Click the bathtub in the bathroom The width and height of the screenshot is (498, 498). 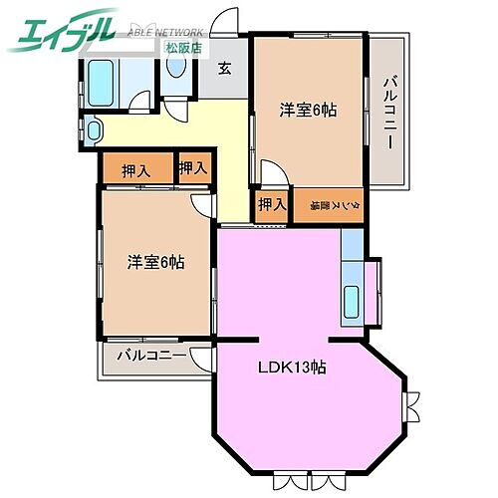(x=102, y=77)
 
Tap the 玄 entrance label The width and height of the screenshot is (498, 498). (x=226, y=68)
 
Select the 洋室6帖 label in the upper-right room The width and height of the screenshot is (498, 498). (x=308, y=110)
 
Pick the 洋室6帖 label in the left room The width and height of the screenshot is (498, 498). (x=154, y=262)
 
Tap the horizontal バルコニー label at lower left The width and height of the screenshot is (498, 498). (x=150, y=355)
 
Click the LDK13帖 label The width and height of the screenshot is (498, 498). (x=290, y=367)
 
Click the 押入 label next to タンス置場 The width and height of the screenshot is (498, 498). (x=270, y=205)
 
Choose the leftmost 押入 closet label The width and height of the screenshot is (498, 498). (x=135, y=170)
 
